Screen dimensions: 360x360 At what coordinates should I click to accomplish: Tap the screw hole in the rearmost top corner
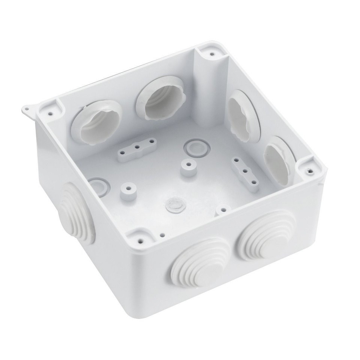point(212,54)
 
